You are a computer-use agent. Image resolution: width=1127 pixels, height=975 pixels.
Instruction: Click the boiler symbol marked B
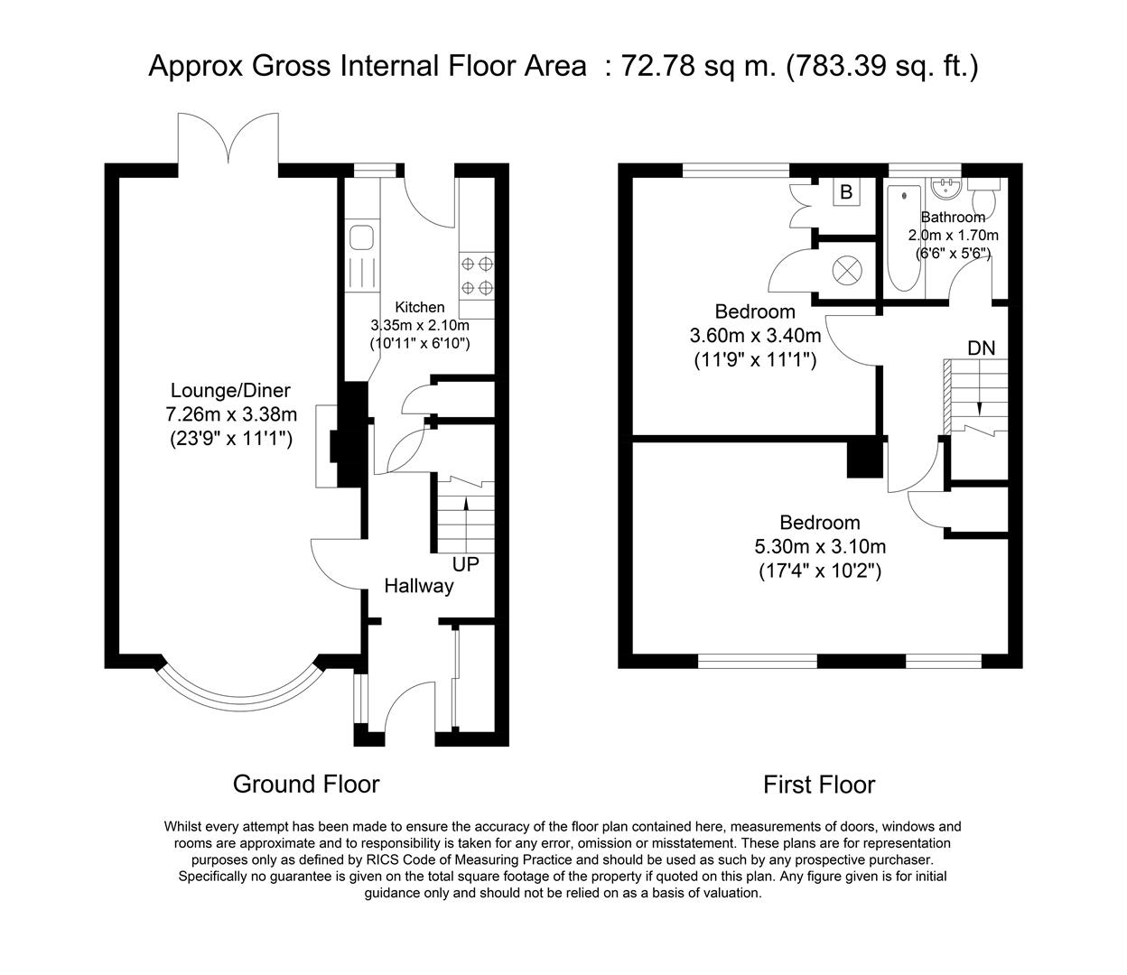click(x=846, y=191)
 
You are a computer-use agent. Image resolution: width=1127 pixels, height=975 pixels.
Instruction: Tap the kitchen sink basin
click(x=361, y=237)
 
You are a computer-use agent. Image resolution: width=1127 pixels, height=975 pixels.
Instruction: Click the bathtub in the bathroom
click(x=904, y=238)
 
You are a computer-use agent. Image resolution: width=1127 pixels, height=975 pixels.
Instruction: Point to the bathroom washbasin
click(x=946, y=187)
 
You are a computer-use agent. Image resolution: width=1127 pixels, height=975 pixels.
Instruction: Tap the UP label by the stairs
click(x=466, y=564)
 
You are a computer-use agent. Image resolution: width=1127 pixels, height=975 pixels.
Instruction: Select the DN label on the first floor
click(x=982, y=348)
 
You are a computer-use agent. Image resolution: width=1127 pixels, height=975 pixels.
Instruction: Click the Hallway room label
click(x=419, y=586)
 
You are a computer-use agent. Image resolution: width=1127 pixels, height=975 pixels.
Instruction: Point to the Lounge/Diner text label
click(x=230, y=390)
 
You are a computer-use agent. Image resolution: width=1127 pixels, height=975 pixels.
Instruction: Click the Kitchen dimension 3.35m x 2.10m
click(x=420, y=325)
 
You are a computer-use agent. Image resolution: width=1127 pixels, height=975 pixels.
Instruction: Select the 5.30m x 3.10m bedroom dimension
click(x=820, y=547)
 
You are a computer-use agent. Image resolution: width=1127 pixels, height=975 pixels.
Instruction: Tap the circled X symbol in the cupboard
click(x=847, y=270)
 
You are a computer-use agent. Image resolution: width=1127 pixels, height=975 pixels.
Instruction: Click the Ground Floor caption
click(x=306, y=785)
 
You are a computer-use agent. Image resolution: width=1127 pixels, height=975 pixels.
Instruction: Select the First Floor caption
click(x=819, y=785)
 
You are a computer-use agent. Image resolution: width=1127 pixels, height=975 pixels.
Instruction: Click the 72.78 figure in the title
click(x=657, y=67)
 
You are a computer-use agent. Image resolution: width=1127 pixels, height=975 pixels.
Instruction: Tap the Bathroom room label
click(x=953, y=218)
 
